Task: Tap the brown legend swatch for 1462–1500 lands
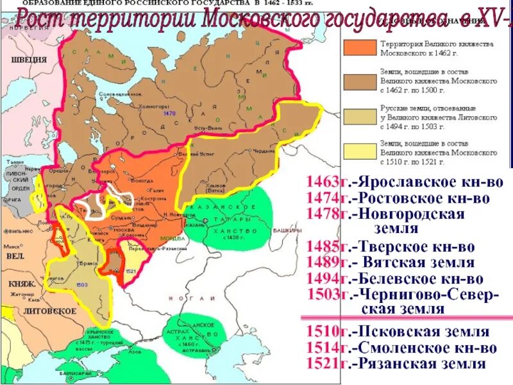click(x=361, y=80)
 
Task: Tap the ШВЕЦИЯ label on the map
click(x=28, y=60)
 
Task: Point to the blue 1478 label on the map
click(x=169, y=114)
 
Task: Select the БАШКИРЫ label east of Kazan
click(x=286, y=230)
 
